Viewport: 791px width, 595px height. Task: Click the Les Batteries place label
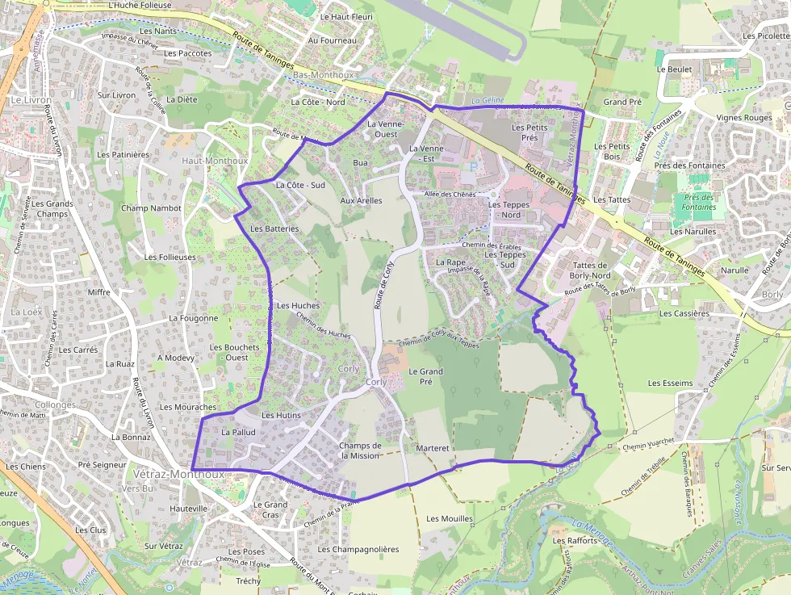(274, 228)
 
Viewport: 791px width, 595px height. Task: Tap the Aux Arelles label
(361, 200)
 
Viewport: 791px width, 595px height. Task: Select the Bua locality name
(360, 163)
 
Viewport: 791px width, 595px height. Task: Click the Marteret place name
(433, 447)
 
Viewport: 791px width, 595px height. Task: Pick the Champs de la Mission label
(360, 450)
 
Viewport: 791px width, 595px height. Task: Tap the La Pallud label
(238, 433)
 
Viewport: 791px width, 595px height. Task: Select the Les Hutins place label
(281, 415)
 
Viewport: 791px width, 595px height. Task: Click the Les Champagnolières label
(358, 549)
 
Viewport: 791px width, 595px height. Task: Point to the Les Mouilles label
(450, 518)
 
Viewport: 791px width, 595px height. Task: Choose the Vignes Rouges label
(744, 118)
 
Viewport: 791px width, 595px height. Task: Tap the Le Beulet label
(674, 69)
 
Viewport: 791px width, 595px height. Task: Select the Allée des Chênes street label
(450, 195)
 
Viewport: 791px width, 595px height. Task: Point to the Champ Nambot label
(152, 208)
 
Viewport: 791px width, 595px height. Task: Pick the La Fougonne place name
(194, 318)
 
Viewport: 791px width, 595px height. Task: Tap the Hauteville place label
(189, 509)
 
